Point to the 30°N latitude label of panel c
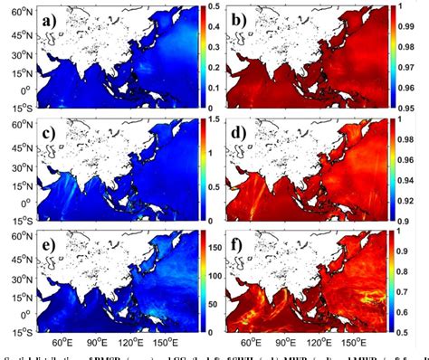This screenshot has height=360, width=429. click(x=16, y=159)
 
